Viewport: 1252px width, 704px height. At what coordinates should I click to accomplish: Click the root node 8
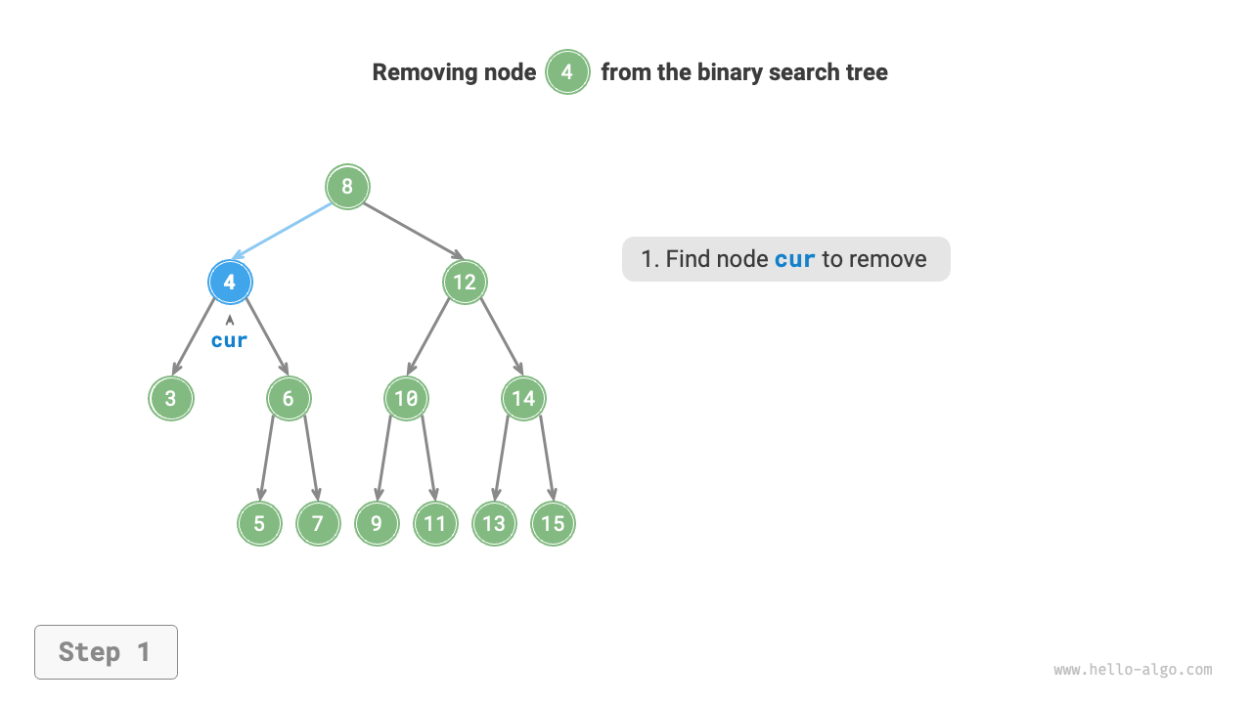click(347, 186)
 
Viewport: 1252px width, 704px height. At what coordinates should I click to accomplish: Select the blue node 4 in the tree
click(230, 283)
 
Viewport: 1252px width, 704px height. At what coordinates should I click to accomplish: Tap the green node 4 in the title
click(567, 72)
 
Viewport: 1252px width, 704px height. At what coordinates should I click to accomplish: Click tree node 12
click(465, 283)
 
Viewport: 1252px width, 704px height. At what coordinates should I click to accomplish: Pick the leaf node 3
click(171, 398)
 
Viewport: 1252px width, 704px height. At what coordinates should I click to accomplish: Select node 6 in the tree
click(289, 398)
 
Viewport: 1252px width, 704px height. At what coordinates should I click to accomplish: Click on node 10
click(406, 398)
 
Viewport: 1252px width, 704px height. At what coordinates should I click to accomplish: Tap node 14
click(523, 398)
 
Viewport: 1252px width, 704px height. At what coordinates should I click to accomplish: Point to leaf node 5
click(259, 523)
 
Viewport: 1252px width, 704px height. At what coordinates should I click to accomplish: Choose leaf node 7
click(318, 523)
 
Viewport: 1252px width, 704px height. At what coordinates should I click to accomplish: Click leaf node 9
click(377, 523)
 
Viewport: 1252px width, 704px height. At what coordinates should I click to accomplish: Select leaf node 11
click(435, 523)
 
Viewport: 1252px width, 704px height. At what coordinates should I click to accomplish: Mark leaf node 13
click(494, 523)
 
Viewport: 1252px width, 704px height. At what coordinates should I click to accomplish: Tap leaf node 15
click(553, 523)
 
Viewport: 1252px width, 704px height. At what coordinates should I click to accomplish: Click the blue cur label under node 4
click(230, 340)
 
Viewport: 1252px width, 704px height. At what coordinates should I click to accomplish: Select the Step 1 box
click(106, 652)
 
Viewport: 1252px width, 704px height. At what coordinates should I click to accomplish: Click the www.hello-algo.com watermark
click(1133, 670)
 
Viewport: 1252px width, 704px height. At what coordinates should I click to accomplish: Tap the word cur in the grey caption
click(794, 259)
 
